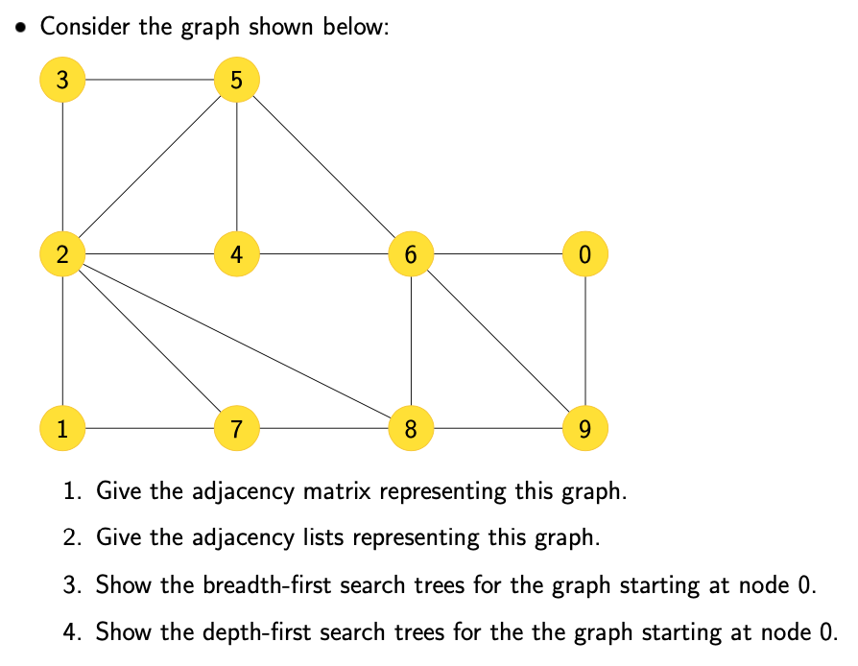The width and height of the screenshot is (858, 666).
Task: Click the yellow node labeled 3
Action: pyautogui.click(x=62, y=80)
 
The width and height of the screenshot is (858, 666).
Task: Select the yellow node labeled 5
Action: pyautogui.click(x=236, y=80)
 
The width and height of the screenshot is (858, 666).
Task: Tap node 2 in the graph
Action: pyautogui.click(x=62, y=254)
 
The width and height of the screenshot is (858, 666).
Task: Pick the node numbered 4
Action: pyautogui.click(x=236, y=254)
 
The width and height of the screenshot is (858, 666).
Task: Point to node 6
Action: pyautogui.click(x=411, y=254)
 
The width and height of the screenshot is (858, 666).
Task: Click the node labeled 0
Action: pyautogui.click(x=584, y=254)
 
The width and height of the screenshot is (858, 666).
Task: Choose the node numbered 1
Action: pyautogui.click(x=62, y=428)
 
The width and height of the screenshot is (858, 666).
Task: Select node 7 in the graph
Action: pyautogui.click(x=236, y=428)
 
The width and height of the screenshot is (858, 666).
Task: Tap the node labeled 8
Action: pyautogui.click(x=411, y=428)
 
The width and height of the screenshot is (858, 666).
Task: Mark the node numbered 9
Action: pyautogui.click(x=584, y=428)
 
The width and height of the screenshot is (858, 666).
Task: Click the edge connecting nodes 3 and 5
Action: pyautogui.click(x=149, y=80)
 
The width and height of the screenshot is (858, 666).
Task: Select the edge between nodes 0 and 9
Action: pyautogui.click(x=584, y=341)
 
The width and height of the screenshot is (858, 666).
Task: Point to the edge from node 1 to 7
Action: pyautogui.click(x=149, y=428)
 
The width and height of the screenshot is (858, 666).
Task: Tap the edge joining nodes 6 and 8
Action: pyautogui.click(x=411, y=341)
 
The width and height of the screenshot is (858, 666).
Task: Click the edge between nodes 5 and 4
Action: pyautogui.click(x=236, y=167)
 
